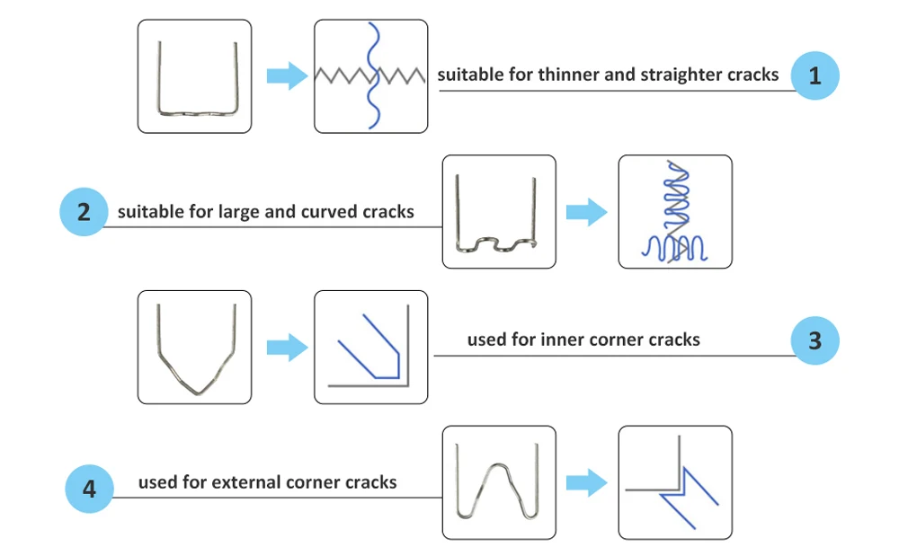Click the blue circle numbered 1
[x=815, y=75]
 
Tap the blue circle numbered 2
[x=84, y=213]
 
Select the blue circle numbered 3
[x=815, y=341]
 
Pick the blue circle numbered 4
[x=90, y=489]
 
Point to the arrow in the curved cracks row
[x=586, y=213]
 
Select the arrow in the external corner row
[x=586, y=482]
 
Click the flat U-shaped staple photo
[x=194, y=76]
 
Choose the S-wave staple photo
[x=499, y=212]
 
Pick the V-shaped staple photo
[x=194, y=347]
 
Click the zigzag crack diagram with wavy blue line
[x=370, y=76]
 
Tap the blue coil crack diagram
[x=675, y=212]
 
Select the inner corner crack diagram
[x=370, y=347]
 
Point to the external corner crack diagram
[x=675, y=482]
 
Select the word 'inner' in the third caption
[x=563, y=340]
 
